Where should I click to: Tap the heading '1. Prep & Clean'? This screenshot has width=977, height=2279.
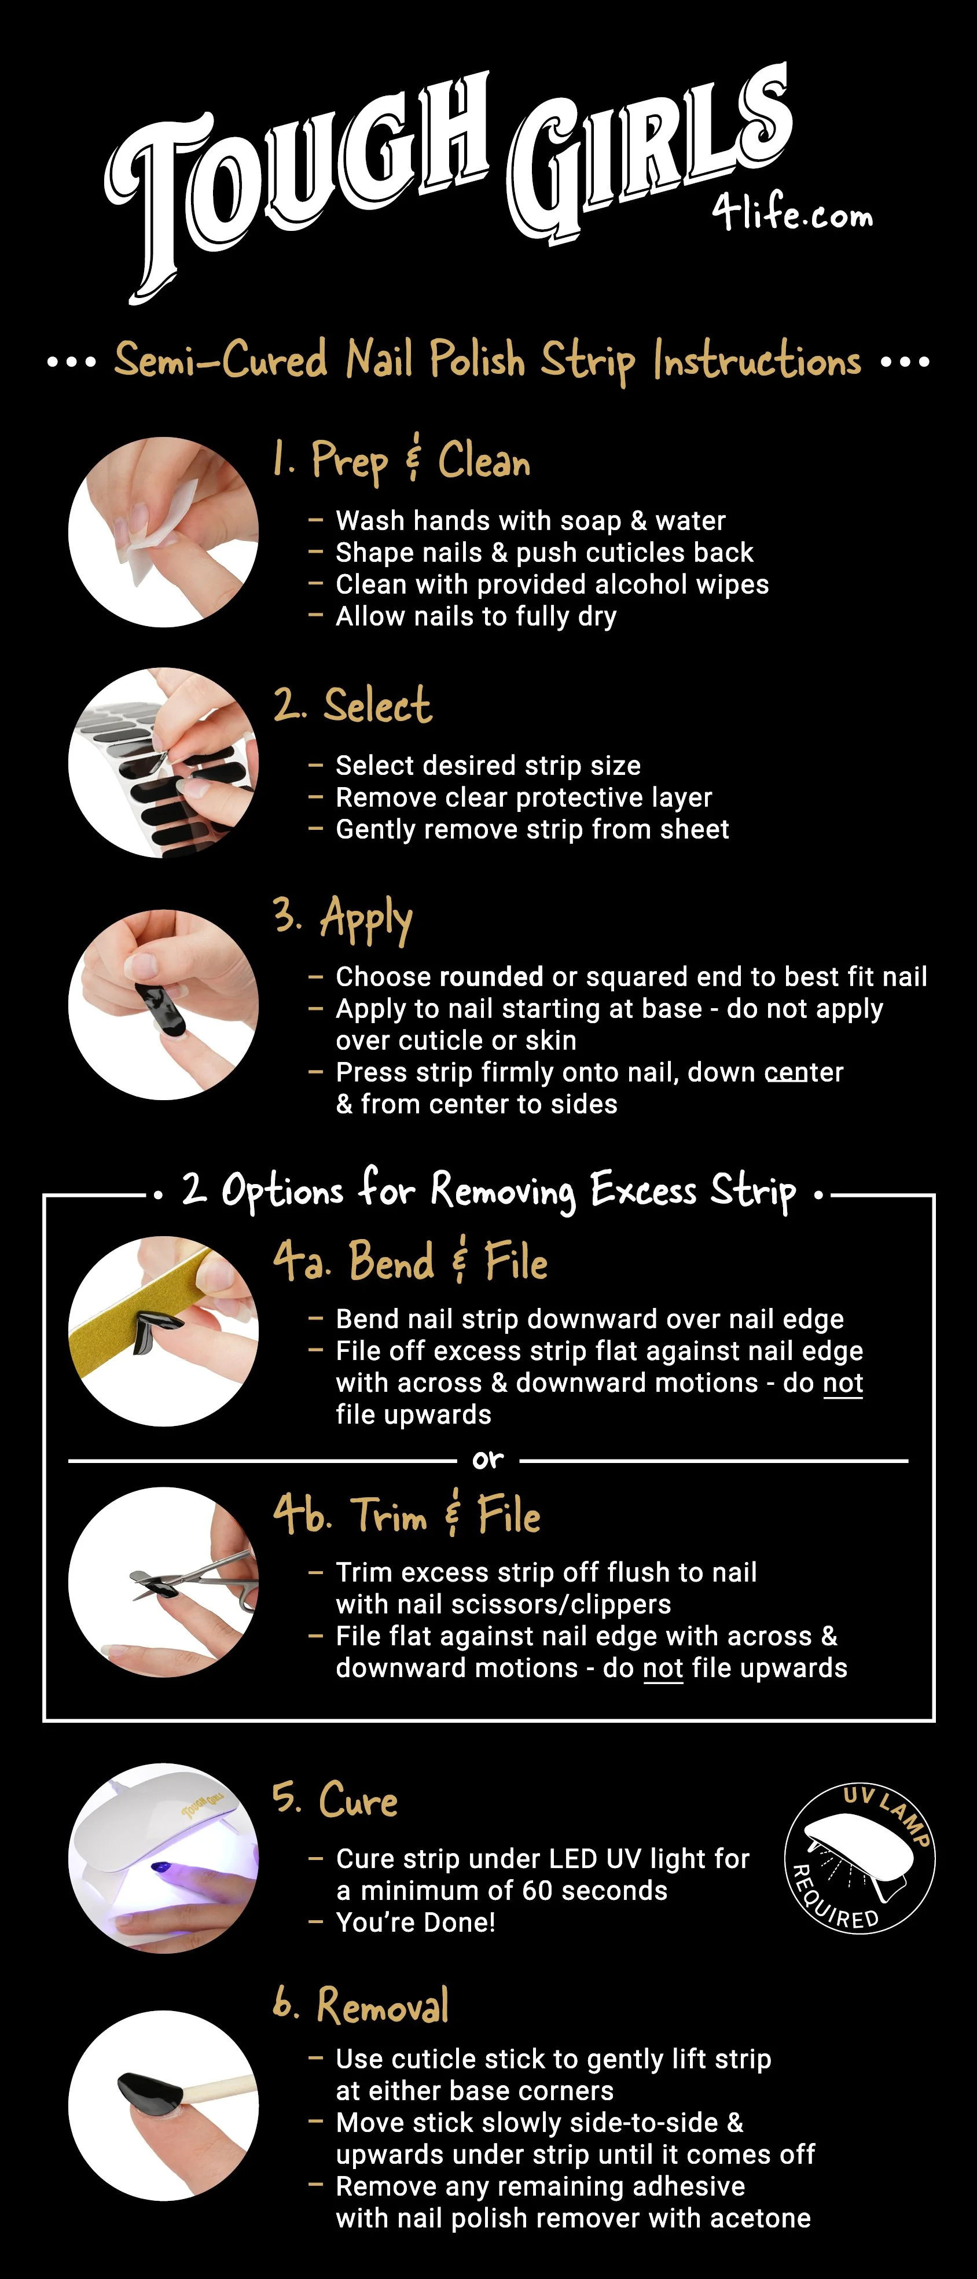[x=402, y=461]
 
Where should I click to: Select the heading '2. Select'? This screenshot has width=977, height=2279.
[x=353, y=705]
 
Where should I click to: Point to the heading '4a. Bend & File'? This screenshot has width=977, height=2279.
[x=410, y=1260]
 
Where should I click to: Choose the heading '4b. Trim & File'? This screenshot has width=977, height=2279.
[x=407, y=1514]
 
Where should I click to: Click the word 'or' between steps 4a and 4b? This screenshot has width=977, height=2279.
[x=487, y=1460]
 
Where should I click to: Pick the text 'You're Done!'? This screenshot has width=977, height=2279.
[x=415, y=1923]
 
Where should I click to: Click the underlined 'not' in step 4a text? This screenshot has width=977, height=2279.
[x=843, y=1383]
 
